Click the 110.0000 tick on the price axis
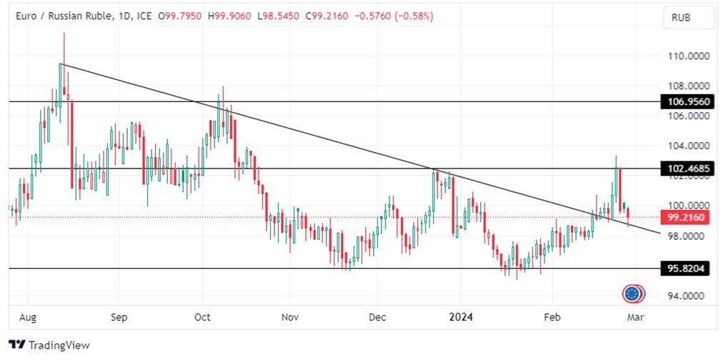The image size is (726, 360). [x=688, y=56]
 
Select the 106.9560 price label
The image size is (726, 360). [x=688, y=102]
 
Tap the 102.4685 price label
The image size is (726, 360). [x=688, y=169]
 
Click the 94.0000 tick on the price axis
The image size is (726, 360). [x=688, y=296]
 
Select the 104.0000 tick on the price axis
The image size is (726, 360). [x=688, y=146]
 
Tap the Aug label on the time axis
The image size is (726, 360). [x=27, y=316]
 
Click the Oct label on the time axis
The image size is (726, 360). [x=202, y=316]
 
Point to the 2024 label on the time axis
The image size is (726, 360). [x=460, y=316]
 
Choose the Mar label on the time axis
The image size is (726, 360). [x=635, y=316]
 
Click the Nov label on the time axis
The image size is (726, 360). [x=289, y=316]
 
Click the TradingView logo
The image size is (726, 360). [x=49, y=345]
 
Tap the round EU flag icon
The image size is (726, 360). [x=631, y=293]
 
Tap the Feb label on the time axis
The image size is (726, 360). [x=552, y=316]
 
